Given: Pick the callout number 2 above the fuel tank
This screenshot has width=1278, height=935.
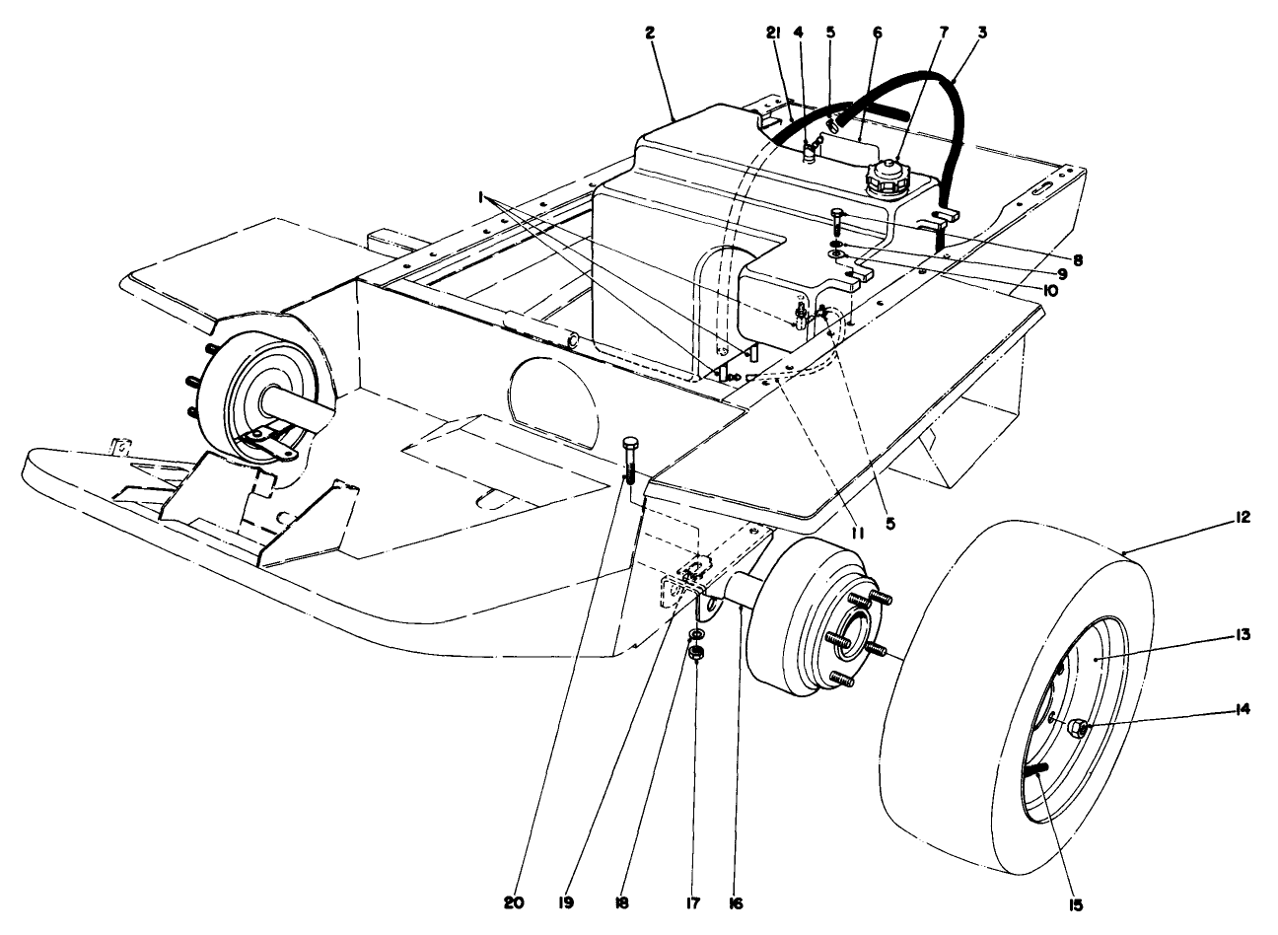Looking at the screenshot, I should (x=650, y=33).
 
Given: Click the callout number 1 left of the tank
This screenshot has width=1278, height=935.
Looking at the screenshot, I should (x=483, y=198).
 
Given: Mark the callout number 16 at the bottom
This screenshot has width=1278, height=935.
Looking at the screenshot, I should (x=736, y=900).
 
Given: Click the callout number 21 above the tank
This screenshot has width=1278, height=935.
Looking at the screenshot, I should (x=773, y=33).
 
